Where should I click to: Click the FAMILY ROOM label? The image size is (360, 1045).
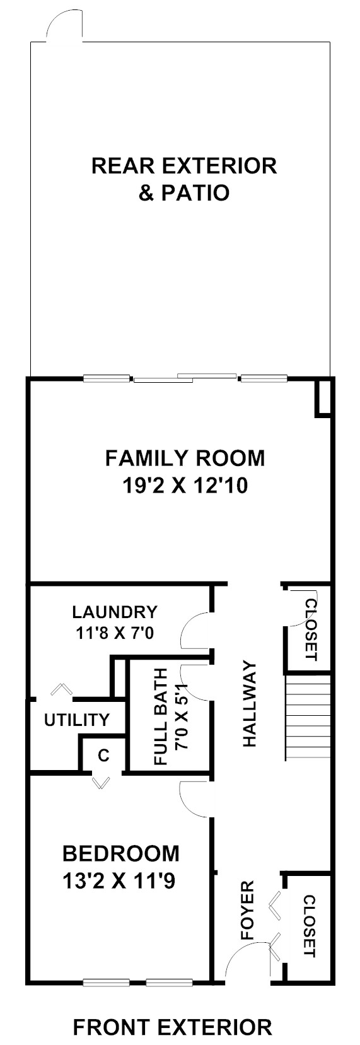185,458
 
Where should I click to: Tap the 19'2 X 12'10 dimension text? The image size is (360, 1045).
185,486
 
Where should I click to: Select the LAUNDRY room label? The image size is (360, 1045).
115,611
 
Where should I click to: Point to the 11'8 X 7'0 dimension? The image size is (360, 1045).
115,633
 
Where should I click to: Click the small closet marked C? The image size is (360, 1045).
103,756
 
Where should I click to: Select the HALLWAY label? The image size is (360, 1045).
250,704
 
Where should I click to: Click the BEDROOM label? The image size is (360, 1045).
121,854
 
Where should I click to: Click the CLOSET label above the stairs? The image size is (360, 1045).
311,630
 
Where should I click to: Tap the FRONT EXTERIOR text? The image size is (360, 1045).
173,1027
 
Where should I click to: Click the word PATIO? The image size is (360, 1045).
195,193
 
